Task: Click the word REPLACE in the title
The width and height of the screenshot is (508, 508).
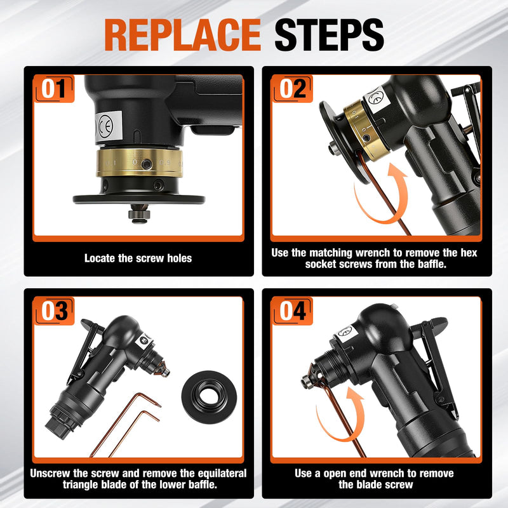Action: coord(182,35)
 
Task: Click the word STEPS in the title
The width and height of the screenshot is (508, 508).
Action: coord(329,35)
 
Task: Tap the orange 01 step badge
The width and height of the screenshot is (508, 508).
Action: coord(54,88)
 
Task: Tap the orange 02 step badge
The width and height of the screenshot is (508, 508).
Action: coord(292,88)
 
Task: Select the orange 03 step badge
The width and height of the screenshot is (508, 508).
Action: coord(54,311)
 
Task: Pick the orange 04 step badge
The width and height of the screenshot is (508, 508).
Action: coord(292,311)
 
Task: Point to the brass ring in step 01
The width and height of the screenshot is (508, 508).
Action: coord(139,163)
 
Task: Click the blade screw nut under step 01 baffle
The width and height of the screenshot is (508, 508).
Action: coord(139,215)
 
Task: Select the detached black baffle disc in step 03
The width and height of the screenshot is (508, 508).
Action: coord(209,398)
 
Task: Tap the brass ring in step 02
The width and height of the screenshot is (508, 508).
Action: coord(363,131)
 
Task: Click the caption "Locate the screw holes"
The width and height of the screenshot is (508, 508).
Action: coord(138,258)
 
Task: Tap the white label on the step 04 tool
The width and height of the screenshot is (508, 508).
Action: coord(346,334)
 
